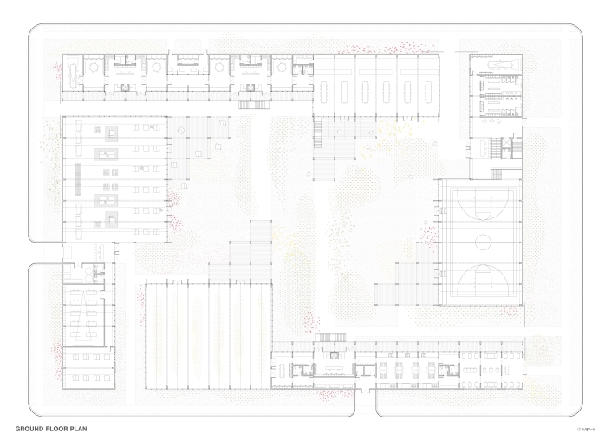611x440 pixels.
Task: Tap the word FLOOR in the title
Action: (x=58, y=429)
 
